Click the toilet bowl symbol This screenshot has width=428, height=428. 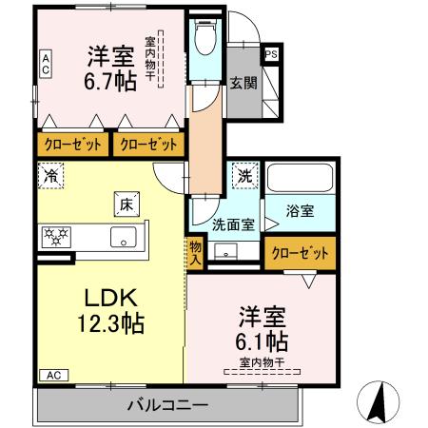(x=204, y=39)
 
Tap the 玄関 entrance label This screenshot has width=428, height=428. (x=242, y=82)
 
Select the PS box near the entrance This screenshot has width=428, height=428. (x=271, y=55)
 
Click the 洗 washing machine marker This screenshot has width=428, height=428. (x=243, y=175)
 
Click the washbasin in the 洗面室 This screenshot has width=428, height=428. (x=226, y=251)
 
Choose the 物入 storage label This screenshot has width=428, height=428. (x=195, y=251)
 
